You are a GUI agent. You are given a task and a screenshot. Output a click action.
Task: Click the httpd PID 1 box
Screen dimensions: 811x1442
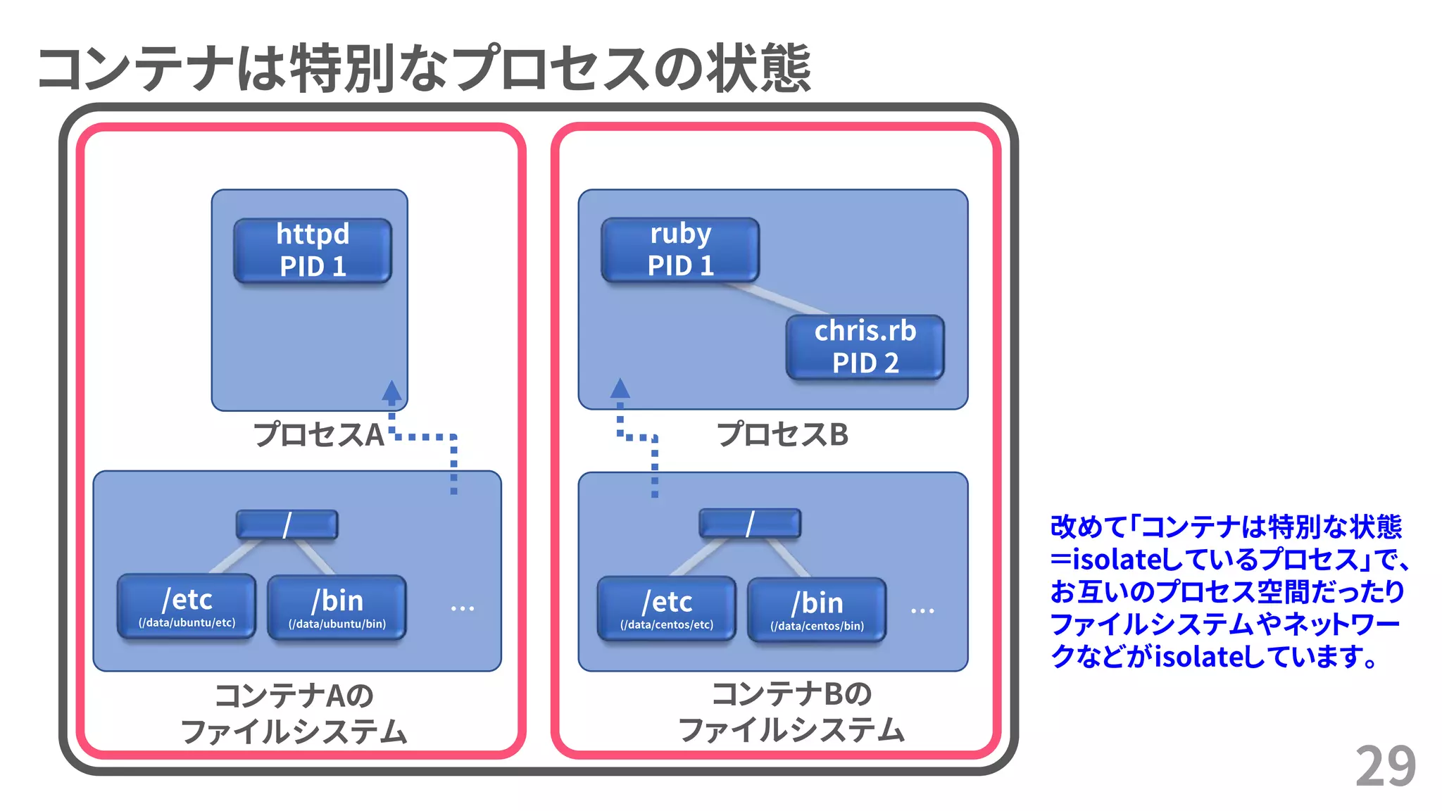[x=313, y=251]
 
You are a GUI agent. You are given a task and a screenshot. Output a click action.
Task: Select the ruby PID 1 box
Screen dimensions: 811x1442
[x=680, y=250]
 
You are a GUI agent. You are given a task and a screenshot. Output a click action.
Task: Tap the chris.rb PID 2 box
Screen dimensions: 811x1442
[x=865, y=347]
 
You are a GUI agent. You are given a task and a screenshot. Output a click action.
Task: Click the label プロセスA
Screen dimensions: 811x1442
[x=318, y=434]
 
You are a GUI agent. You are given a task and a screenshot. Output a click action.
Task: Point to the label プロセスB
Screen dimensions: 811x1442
[x=782, y=434]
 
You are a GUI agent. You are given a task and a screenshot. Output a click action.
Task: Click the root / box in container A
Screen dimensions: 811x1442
[x=287, y=525]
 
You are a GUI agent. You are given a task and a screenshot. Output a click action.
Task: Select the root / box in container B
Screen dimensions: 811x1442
[x=750, y=524]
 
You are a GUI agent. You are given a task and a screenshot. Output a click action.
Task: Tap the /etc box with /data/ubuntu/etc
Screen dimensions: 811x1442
[x=187, y=607]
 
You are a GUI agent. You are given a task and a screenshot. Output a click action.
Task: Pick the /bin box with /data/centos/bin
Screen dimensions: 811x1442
[x=817, y=610]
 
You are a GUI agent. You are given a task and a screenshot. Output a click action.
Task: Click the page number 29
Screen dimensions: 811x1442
[x=1385, y=767]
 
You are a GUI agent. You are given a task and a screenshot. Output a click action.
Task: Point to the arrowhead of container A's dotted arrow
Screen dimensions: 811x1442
[x=392, y=391]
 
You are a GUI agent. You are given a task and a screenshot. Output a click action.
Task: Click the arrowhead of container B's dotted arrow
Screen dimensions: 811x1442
[x=620, y=389]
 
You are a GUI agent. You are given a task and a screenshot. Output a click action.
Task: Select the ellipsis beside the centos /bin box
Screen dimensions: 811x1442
[x=922, y=610]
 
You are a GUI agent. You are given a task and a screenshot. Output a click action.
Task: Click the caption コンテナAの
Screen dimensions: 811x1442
[x=294, y=696]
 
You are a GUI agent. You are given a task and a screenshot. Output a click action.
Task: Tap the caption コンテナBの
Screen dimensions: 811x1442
[x=791, y=694]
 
